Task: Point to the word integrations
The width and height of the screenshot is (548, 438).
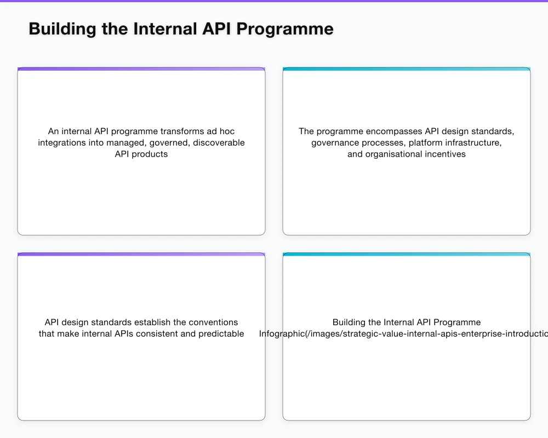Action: (61, 143)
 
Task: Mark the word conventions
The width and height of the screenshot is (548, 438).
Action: (213, 322)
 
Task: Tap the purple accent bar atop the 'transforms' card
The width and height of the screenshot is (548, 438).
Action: (141, 69)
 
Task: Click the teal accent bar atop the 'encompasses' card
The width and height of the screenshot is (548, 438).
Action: (407, 69)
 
